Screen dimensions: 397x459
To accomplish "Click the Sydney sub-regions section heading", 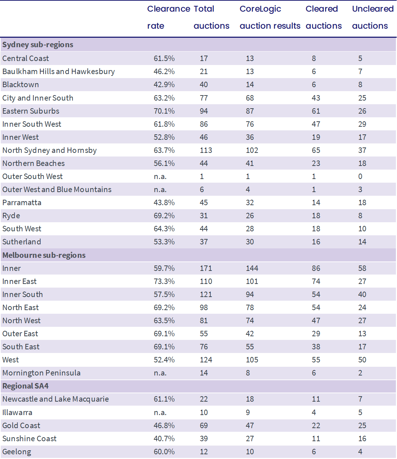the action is [x=38, y=45].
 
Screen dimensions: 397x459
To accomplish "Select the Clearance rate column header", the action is [x=169, y=17].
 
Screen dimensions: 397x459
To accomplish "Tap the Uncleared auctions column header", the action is [x=373, y=17].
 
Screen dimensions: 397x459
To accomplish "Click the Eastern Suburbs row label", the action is [x=31, y=111].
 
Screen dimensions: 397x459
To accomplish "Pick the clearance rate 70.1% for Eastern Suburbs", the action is [x=164, y=111].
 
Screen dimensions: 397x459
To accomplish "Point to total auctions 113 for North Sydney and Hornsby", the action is [x=206, y=150].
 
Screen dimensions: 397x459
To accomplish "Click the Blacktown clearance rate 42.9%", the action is [x=164, y=85].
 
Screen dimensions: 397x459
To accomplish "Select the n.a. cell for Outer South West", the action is [x=160, y=176].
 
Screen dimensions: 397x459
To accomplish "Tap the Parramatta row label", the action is [x=22, y=203].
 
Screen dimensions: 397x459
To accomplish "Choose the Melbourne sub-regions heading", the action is [x=44, y=255].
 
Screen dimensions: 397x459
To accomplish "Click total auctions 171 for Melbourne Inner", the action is [x=206, y=268].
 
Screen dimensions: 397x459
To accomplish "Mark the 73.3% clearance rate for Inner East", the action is [x=164, y=281].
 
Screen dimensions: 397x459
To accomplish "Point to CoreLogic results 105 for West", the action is [x=252, y=360].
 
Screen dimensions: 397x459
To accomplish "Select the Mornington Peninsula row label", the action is [x=41, y=373].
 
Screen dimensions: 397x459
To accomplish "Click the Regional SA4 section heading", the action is [x=25, y=386].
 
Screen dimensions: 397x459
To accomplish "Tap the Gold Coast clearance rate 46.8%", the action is [x=164, y=426].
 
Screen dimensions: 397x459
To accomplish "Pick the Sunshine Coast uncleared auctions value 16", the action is [x=362, y=439].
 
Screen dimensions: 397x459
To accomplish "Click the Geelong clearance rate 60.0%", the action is [x=164, y=452].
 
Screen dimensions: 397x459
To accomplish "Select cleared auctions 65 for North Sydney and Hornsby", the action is [x=316, y=150].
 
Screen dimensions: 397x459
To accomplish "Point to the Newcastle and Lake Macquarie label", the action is [x=55, y=399].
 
